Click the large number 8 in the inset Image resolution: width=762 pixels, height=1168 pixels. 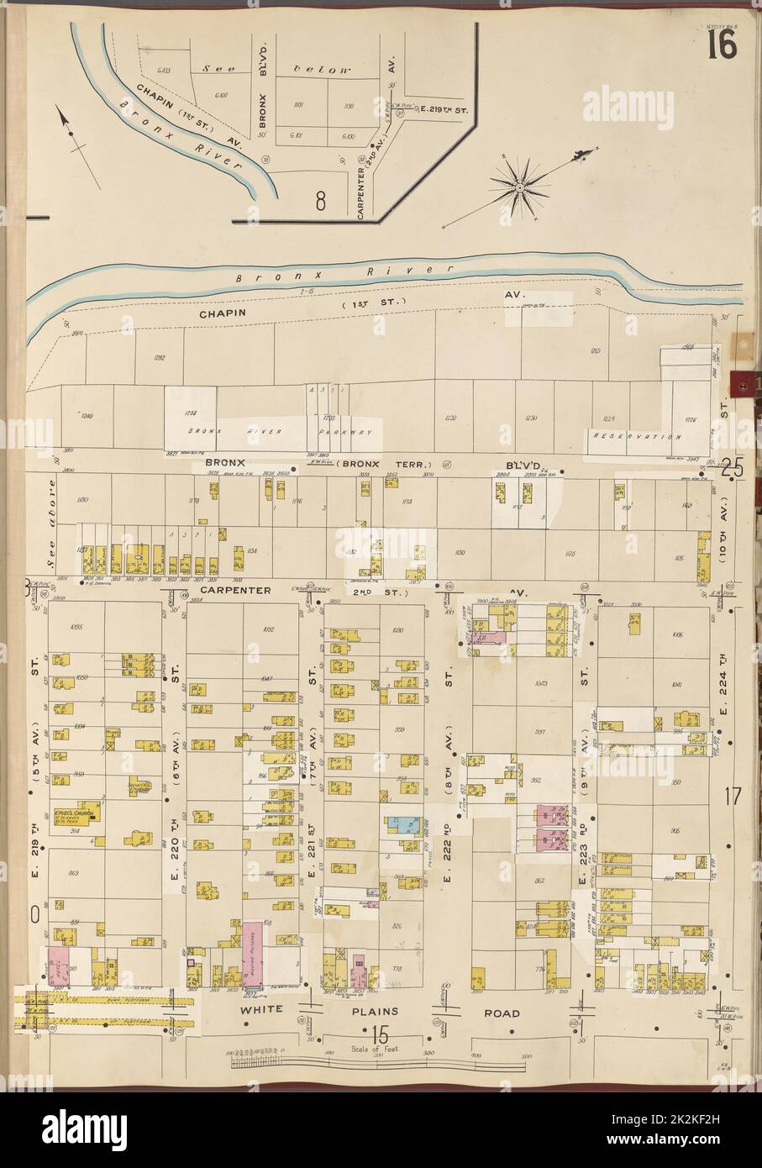[320, 201]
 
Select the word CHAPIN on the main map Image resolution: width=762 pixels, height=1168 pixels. [224, 311]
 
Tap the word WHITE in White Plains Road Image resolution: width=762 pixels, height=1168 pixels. [259, 1012]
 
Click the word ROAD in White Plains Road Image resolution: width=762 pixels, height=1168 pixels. [501, 1013]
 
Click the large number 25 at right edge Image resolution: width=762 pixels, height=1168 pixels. [732, 471]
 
